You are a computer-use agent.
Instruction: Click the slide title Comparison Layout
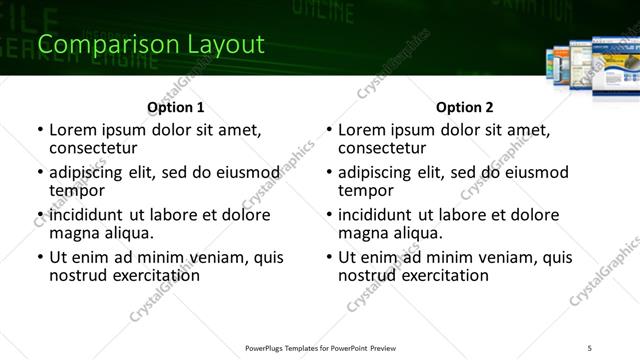click(150, 45)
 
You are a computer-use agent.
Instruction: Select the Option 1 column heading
click(176, 106)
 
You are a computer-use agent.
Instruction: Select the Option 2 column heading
click(465, 106)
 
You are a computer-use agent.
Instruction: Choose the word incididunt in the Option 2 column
click(381, 214)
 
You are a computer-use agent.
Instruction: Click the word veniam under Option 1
click(223, 257)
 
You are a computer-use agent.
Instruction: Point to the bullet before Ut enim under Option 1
click(39, 258)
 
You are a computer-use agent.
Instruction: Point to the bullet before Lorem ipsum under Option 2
click(328, 130)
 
